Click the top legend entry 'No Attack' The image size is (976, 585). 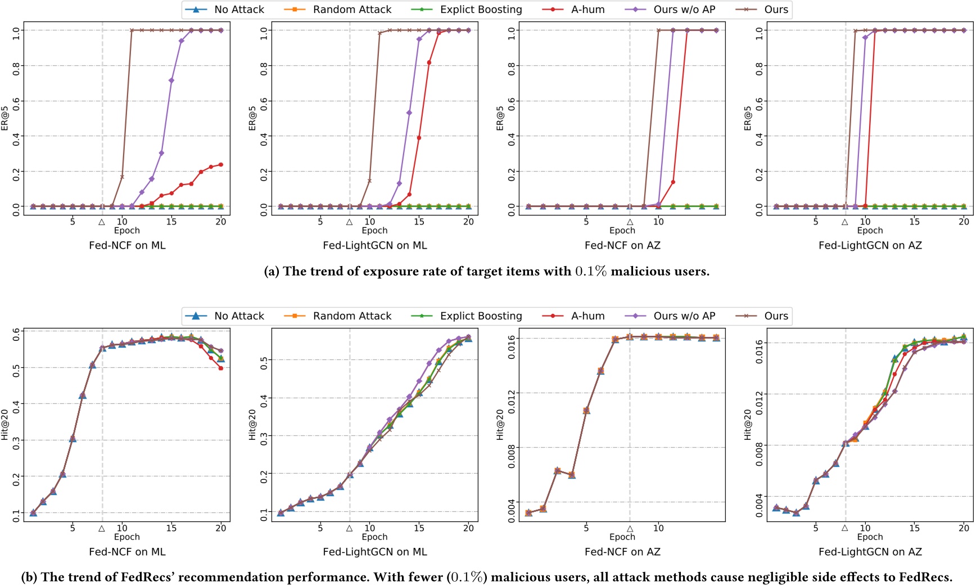click(x=238, y=10)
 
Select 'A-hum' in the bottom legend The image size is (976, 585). click(x=588, y=316)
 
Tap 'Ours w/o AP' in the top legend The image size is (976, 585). click(x=684, y=10)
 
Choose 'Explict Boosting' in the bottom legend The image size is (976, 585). click(x=481, y=316)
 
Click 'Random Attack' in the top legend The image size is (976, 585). click(x=352, y=10)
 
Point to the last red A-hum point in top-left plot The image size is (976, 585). click(x=221, y=164)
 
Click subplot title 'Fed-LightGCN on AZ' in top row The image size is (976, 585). click(x=870, y=245)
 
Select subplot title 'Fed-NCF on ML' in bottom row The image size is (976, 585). click(x=127, y=552)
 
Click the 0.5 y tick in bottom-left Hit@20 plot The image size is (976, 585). click(x=16, y=368)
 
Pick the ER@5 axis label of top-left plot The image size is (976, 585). click(x=5, y=119)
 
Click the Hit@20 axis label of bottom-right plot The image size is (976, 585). click(x=747, y=425)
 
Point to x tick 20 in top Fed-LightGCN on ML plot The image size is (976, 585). click(x=468, y=222)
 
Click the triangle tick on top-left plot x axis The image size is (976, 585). click(x=102, y=222)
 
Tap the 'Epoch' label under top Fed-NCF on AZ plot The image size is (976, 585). click(x=622, y=231)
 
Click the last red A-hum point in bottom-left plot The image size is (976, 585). click(x=221, y=368)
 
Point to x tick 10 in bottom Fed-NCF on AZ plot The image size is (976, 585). click(x=658, y=528)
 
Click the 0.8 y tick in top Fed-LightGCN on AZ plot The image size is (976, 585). click(x=759, y=66)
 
